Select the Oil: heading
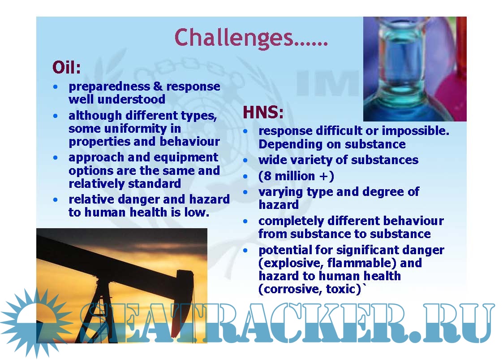coord(66,67)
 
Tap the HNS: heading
coord(263,113)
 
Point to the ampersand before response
coord(158,86)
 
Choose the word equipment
coord(187,158)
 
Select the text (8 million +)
coord(296,176)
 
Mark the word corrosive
coord(290,289)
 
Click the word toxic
coord(343,289)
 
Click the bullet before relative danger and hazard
coord(56,200)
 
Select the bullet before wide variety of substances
coord(245,160)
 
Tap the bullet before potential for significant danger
coord(245,250)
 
